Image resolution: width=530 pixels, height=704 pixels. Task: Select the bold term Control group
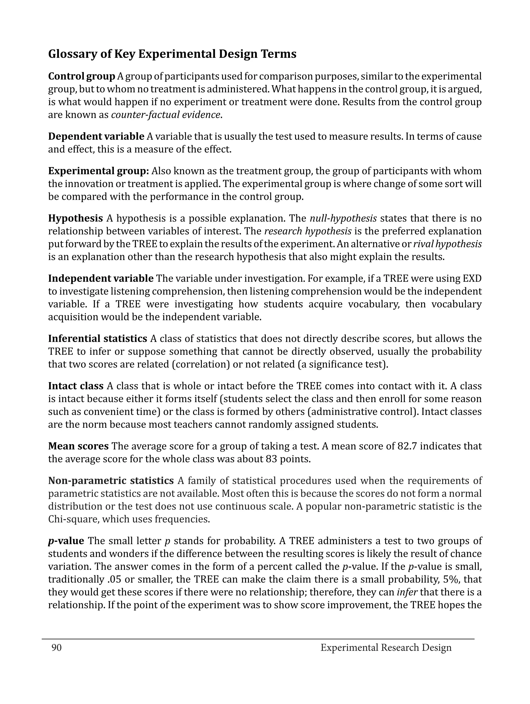pyautogui.click(x=82, y=76)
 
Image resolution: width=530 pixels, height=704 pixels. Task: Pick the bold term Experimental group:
pyautogui.click(x=98, y=171)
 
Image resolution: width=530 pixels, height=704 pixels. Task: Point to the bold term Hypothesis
pyautogui.click(x=76, y=219)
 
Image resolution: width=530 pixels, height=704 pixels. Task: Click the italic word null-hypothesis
pyautogui.click(x=343, y=219)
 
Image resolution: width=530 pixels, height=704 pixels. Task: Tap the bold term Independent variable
pyautogui.click(x=101, y=278)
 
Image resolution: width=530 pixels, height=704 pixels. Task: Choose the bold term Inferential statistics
pyautogui.click(x=97, y=339)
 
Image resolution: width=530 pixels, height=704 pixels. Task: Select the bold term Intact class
pyautogui.click(x=76, y=386)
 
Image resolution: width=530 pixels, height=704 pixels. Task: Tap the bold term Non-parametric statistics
pyautogui.click(x=111, y=480)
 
